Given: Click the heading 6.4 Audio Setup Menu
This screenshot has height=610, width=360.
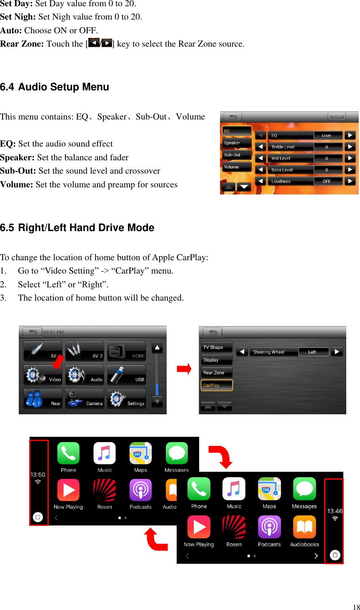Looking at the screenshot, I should (55, 87).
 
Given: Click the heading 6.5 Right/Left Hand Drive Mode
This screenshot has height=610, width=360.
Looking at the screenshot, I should (77, 228).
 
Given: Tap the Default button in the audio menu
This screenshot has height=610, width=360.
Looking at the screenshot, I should (337, 117).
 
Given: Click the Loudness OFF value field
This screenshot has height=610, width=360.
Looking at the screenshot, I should (327, 181).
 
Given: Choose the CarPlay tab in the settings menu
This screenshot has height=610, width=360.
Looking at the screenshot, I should (216, 385).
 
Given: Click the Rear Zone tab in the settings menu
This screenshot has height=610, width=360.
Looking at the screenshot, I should (216, 373).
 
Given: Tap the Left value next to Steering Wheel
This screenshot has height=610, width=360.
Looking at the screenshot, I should (312, 352).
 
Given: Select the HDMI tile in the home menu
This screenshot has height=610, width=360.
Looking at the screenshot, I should (127, 351).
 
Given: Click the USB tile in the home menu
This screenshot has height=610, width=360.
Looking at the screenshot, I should (127, 375).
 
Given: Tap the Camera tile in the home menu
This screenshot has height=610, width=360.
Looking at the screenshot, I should (85, 399).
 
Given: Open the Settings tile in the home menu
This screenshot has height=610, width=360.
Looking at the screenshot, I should (127, 399).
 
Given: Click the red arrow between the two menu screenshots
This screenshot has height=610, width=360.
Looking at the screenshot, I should (184, 369).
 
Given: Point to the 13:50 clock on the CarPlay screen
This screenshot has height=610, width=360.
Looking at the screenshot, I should (38, 475).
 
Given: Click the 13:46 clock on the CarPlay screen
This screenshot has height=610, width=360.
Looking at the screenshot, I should (335, 511).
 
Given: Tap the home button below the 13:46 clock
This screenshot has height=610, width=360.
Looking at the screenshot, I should (335, 555).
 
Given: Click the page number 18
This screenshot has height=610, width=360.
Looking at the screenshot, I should (356, 607).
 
